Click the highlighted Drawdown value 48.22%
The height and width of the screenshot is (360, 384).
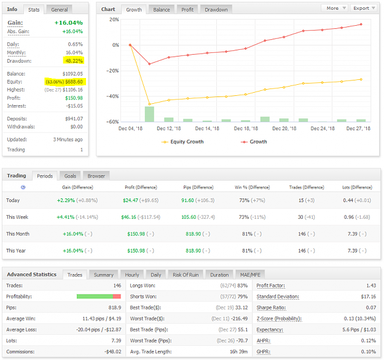[74, 61]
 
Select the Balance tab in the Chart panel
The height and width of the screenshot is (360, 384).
[162, 10]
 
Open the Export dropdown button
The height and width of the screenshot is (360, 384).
[364, 8]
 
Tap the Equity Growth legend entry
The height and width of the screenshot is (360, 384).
[182, 142]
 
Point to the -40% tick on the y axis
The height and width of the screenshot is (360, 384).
[112, 96]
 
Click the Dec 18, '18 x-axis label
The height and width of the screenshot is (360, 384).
[246, 128]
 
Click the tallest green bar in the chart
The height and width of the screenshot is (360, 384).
[149, 114]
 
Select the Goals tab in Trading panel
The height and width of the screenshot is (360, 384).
[70, 176]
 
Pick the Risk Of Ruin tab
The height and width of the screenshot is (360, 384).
[186, 275]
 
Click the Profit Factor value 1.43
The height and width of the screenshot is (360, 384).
[371, 286]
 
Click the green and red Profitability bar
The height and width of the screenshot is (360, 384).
[99, 297]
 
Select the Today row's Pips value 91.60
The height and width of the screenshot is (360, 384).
[187, 200]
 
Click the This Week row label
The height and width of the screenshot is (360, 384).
[17, 217]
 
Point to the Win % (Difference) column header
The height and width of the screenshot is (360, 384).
[253, 187]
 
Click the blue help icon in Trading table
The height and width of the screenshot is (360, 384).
[23, 187]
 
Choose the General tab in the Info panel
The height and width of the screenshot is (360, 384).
[59, 10]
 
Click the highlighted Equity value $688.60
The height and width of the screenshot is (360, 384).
[74, 82]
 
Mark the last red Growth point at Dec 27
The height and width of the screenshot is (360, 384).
[361, 25]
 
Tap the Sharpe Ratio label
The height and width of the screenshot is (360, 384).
[271, 308]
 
